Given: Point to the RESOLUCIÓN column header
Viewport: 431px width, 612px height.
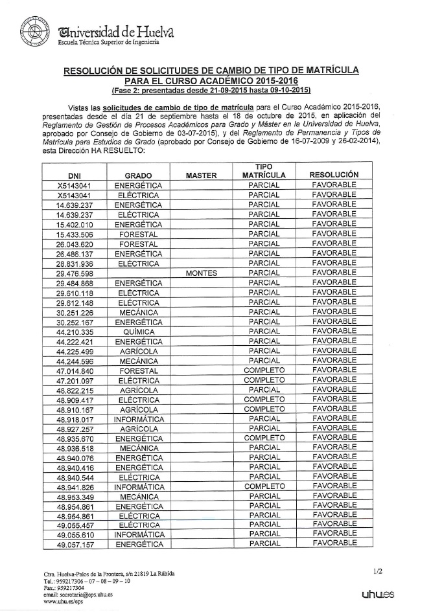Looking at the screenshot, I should coord(334,175).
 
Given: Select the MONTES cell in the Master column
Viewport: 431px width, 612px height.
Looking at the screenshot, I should coord(200,273).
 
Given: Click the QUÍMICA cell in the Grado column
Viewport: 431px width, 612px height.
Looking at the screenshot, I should coord(137,332).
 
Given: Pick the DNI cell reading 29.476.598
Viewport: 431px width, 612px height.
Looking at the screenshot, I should coord(75,273).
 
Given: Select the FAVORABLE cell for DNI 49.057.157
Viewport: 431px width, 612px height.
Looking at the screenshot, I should coord(334,544).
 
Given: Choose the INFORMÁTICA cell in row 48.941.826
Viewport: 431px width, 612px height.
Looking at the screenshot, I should coord(137,486).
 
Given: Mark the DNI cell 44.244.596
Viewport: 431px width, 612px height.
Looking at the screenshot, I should coord(75,361).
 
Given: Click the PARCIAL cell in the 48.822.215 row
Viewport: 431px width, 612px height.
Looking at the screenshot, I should coord(264,390).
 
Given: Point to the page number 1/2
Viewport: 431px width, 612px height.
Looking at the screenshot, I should coord(379,571).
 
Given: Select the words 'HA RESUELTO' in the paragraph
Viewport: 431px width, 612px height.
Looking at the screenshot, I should coord(122,150).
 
